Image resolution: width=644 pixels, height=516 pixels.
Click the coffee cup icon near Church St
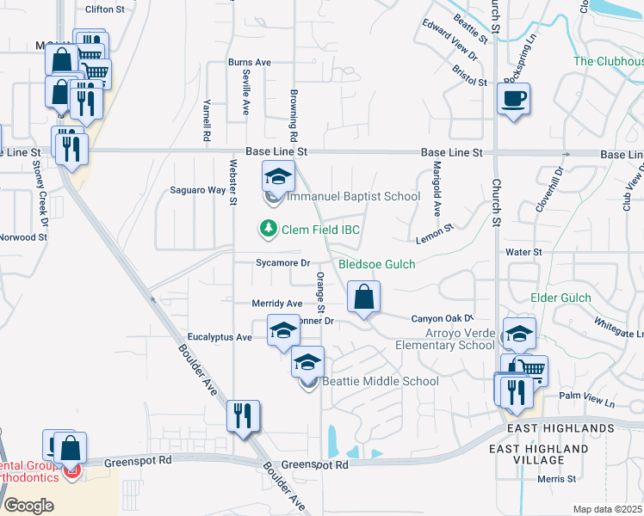pyautogui.click(x=513, y=99)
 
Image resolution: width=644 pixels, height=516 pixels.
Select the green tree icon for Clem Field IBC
pyautogui.click(x=269, y=229)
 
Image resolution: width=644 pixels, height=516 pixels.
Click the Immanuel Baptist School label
pyautogui.click(x=353, y=197)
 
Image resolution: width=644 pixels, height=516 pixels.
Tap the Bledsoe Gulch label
pyautogui.click(x=376, y=264)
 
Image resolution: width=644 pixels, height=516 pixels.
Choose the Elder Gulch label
pyautogui.click(x=560, y=298)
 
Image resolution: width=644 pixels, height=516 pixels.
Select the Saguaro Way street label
pyautogui.click(x=197, y=190)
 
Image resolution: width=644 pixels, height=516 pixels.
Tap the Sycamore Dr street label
pyautogui.click(x=282, y=263)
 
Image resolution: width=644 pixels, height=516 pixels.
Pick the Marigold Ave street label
pyautogui.click(x=437, y=188)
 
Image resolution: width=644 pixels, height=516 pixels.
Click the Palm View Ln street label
pyautogui.click(x=587, y=402)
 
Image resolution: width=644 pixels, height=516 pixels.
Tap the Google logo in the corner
pyautogui.click(x=29, y=505)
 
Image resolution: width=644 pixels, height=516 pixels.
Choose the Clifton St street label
pyautogui.click(x=106, y=10)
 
